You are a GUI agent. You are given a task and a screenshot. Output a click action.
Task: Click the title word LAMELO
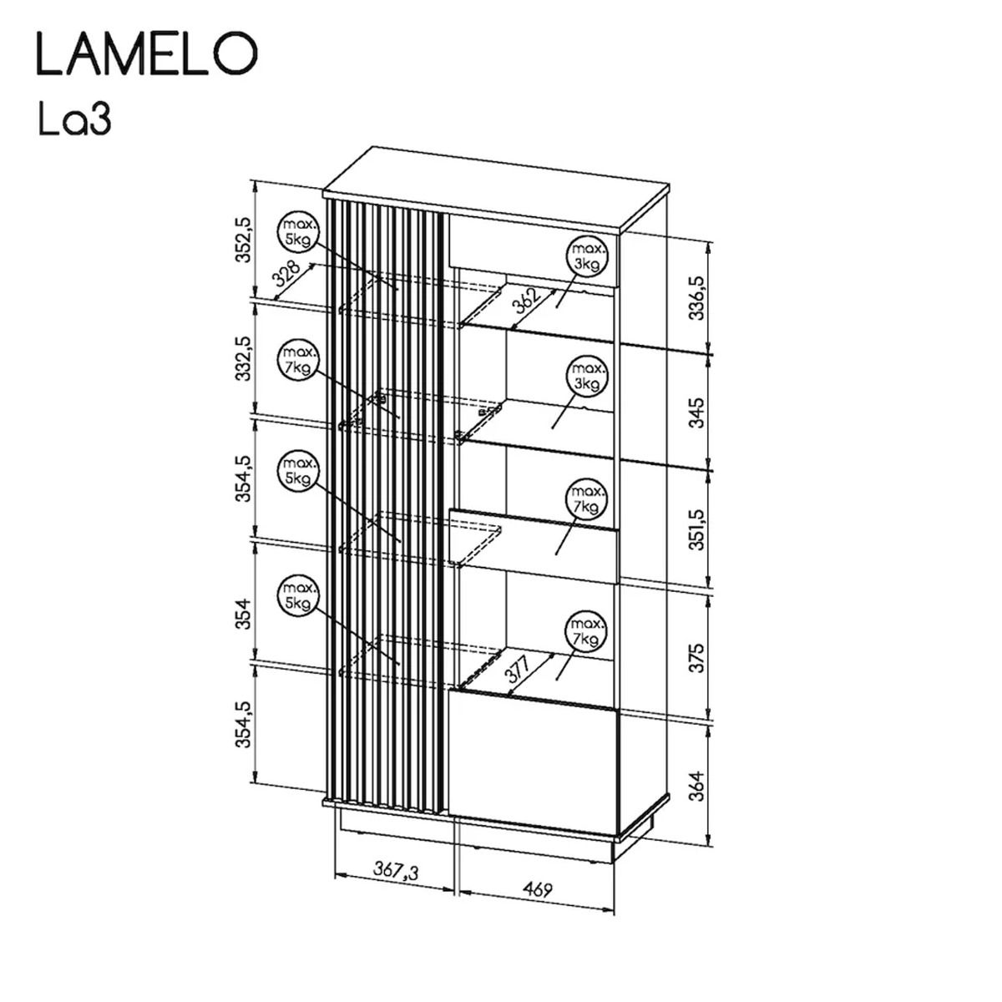pos(148,53)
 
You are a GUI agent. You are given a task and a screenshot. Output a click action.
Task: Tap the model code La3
pos(75,119)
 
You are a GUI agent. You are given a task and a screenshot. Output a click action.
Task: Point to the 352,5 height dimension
pos(243,240)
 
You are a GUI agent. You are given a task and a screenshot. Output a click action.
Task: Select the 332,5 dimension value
pos(243,358)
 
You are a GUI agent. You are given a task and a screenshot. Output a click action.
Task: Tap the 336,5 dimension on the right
pos(696,298)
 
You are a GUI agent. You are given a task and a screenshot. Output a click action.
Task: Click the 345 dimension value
pos(696,412)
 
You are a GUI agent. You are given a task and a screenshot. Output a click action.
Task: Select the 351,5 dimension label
pos(696,530)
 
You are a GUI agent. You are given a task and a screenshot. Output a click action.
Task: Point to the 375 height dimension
pos(696,658)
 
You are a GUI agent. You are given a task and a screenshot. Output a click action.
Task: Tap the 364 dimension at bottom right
pos(696,786)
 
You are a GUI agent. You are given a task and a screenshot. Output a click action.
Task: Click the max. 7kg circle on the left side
pos(298,360)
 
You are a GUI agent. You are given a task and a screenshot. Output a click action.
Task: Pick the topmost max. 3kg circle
pos(587,256)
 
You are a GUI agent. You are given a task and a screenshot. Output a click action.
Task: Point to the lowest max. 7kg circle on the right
pos(587,631)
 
